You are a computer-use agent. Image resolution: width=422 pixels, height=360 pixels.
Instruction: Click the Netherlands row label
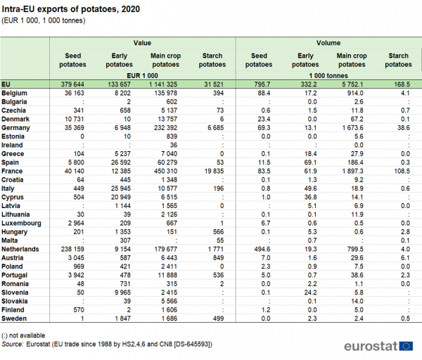pyautogui.click(x=20, y=249)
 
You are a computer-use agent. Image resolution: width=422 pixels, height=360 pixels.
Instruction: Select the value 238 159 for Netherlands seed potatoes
pyautogui.click(x=72, y=249)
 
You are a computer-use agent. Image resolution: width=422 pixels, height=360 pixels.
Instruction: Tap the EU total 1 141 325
pyautogui.click(x=163, y=84)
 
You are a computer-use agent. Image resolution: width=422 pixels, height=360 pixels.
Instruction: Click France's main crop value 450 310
pyautogui.click(x=165, y=171)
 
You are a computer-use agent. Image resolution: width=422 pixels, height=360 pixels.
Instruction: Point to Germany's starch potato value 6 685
pyautogui.click(x=216, y=128)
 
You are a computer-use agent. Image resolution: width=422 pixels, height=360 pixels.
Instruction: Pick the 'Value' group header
pyautogui.click(x=142, y=43)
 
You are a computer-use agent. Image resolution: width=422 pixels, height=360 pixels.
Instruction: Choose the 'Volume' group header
pyautogui.click(x=328, y=43)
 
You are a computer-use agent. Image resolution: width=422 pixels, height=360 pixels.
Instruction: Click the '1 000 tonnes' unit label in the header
pyautogui.click(x=328, y=76)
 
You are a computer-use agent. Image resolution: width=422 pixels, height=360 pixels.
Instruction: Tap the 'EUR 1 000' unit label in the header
pyautogui.click(x=142, y=76)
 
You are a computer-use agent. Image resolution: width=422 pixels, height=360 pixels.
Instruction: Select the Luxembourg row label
pyautogui.click(x=21, y=224)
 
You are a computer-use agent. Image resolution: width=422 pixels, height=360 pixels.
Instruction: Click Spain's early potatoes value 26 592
pyautogui.click(x=121, y=162)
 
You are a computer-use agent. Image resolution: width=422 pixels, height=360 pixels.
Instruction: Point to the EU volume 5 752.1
pyautogui.click(x=352, y=84)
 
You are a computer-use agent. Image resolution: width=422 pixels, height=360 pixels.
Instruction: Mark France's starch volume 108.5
pyautogui.click(x=402, y=171)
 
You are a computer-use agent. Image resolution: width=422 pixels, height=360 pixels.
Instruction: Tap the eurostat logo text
pyautogui.click(x=371, y=346)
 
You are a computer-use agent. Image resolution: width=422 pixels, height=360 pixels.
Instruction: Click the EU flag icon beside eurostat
pyautogui.click(x=406, y=346)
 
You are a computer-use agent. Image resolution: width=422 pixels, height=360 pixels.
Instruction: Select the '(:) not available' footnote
pyautogui.click(x=23, y=335)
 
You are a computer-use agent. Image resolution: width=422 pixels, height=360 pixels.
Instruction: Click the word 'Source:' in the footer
pyautogui.click(x=13, y=344)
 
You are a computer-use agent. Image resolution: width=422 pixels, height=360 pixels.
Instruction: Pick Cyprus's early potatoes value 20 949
pyautogui.click(x=121, y=197)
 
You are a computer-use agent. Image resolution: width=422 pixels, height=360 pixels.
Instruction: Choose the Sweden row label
pyautogui.click(x=14, y=319)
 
